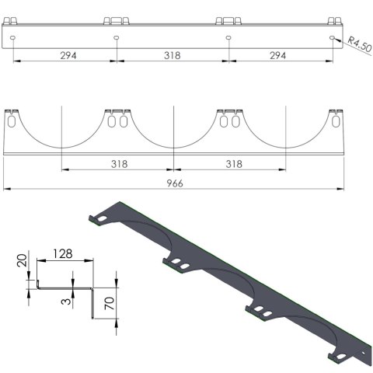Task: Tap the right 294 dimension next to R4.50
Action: tap(277, 55)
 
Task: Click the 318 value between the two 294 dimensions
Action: tap(172, 55)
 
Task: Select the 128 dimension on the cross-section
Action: tap(65, 254)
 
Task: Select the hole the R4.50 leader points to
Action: tap(333, 37)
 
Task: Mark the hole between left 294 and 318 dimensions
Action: tap(116, 37)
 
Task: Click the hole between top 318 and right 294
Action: tap(228, 37)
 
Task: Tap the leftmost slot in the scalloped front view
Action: tap(12, 122)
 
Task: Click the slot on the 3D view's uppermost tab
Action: tap(103, 221)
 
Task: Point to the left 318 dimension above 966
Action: tap(118, 164)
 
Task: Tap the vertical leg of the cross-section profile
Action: tap(93, 303)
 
